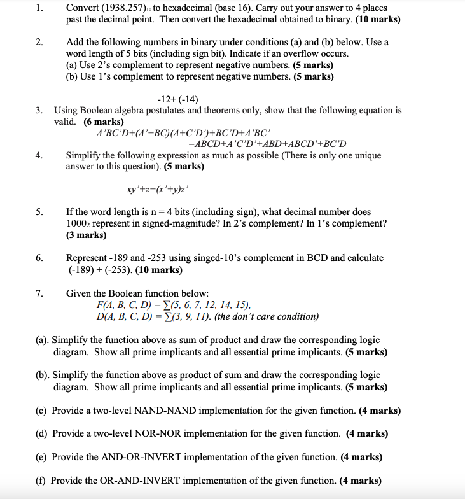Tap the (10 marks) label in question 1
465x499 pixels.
click(378, 19)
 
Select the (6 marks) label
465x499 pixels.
click(104, 122)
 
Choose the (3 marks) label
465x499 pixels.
click(87, 235)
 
